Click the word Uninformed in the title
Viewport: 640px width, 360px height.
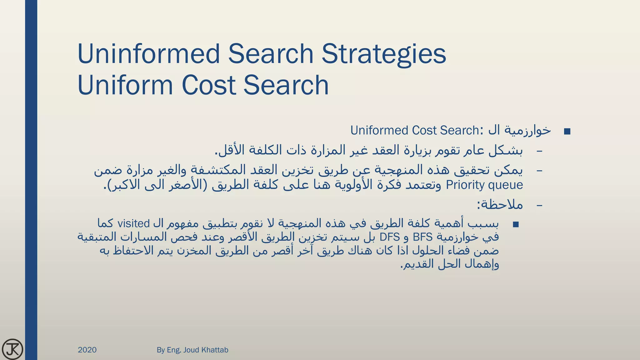click(x=149, y=54)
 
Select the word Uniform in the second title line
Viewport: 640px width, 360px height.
click(x=125, y=85)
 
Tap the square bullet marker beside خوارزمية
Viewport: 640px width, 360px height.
click(x=567, y=132)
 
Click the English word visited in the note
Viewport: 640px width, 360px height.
click(x=134, y=223)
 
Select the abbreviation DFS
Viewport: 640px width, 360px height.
click(x=390, y=237)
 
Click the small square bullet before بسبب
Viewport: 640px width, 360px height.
click(x=516, y=224)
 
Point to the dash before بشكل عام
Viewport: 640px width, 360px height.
click(x=539, y=151)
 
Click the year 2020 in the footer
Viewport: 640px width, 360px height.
click(x=87, y=350)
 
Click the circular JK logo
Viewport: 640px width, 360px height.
click(x=12, y=349)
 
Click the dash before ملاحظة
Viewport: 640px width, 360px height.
click(x=539, y=205)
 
